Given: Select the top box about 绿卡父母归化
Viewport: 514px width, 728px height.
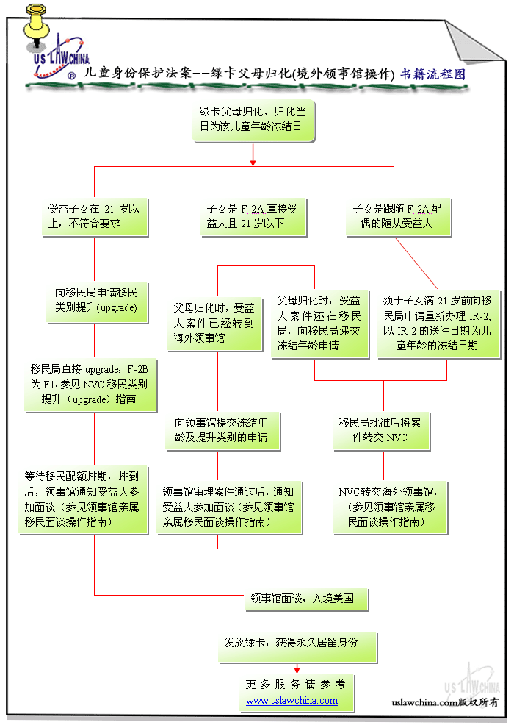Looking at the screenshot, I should coord(253,119).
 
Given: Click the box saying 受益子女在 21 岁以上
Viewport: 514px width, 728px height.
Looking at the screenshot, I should coord(94,216).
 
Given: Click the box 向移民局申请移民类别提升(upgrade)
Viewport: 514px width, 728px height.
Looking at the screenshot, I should coord(95,298).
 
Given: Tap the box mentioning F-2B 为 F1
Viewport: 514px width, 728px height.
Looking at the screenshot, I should coord(93,384).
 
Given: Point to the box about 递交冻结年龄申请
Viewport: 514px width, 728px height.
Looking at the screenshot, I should coord(319,323).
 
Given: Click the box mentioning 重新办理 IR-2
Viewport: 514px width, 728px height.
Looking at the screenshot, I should coord(438,323).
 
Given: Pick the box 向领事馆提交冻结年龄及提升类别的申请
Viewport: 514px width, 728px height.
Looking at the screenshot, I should coord(220,430).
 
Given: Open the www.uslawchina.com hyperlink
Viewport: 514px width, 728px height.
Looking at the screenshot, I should coord(292,701).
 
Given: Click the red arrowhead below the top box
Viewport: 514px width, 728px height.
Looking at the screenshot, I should coord(253,162).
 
